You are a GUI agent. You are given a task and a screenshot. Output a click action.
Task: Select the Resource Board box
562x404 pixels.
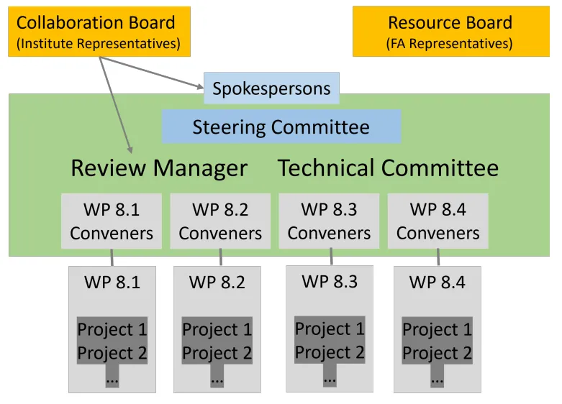[x=450, y=32]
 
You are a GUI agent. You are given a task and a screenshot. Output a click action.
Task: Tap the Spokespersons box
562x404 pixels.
[x=271, y=88]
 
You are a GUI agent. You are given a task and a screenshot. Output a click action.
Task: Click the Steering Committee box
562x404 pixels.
[x=281, y=127]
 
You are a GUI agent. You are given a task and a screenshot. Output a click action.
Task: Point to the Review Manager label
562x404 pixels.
[x=159, y=168]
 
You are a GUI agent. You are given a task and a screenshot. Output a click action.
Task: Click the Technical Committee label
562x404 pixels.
[x=388, y=168]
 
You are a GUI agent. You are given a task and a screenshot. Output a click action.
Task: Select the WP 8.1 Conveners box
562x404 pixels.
[x=112, y=221]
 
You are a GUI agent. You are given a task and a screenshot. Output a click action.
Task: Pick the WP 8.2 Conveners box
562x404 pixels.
[x=220, y=221]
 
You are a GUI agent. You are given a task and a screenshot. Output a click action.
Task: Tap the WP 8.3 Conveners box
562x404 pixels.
[x=329, y=221]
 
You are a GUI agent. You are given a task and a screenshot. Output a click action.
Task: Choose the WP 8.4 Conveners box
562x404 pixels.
[x=438, y=221]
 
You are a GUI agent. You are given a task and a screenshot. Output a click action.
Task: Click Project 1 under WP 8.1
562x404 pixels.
[x=112, y=329]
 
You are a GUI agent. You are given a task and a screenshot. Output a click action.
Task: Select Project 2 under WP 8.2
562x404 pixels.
[x=217, y=353]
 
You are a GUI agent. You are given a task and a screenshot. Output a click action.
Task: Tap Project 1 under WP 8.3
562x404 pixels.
[x=330, y=329]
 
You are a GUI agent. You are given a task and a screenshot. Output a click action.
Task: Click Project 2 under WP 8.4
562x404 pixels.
[x=437, y=353]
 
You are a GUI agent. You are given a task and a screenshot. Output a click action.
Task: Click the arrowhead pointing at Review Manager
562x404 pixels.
[x=130, y=149]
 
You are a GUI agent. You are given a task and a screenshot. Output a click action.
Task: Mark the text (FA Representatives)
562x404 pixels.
[x=450, y=44]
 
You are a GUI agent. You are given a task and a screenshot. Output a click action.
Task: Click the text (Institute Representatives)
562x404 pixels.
[x=99, y=44]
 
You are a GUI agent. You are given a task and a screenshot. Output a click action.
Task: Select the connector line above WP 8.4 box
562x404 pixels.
[x=438, y=257]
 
